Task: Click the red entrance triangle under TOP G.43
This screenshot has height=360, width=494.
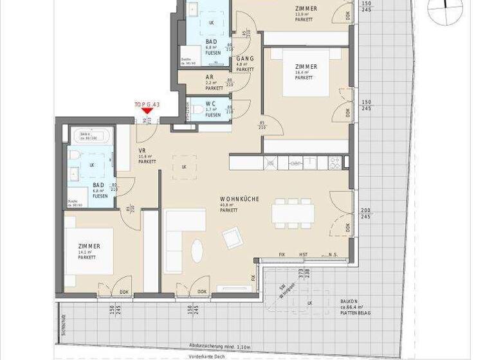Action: point(147,111)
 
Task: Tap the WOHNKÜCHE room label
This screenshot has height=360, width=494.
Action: point(239,199)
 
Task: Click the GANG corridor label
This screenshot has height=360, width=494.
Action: point(245,59)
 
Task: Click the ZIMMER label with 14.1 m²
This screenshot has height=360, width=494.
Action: point(89,247)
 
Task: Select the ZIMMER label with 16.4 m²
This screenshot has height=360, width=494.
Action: point(306,67)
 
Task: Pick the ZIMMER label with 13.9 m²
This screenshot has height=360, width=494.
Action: point(306,8)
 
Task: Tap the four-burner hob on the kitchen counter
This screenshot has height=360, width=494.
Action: point(335,163)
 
